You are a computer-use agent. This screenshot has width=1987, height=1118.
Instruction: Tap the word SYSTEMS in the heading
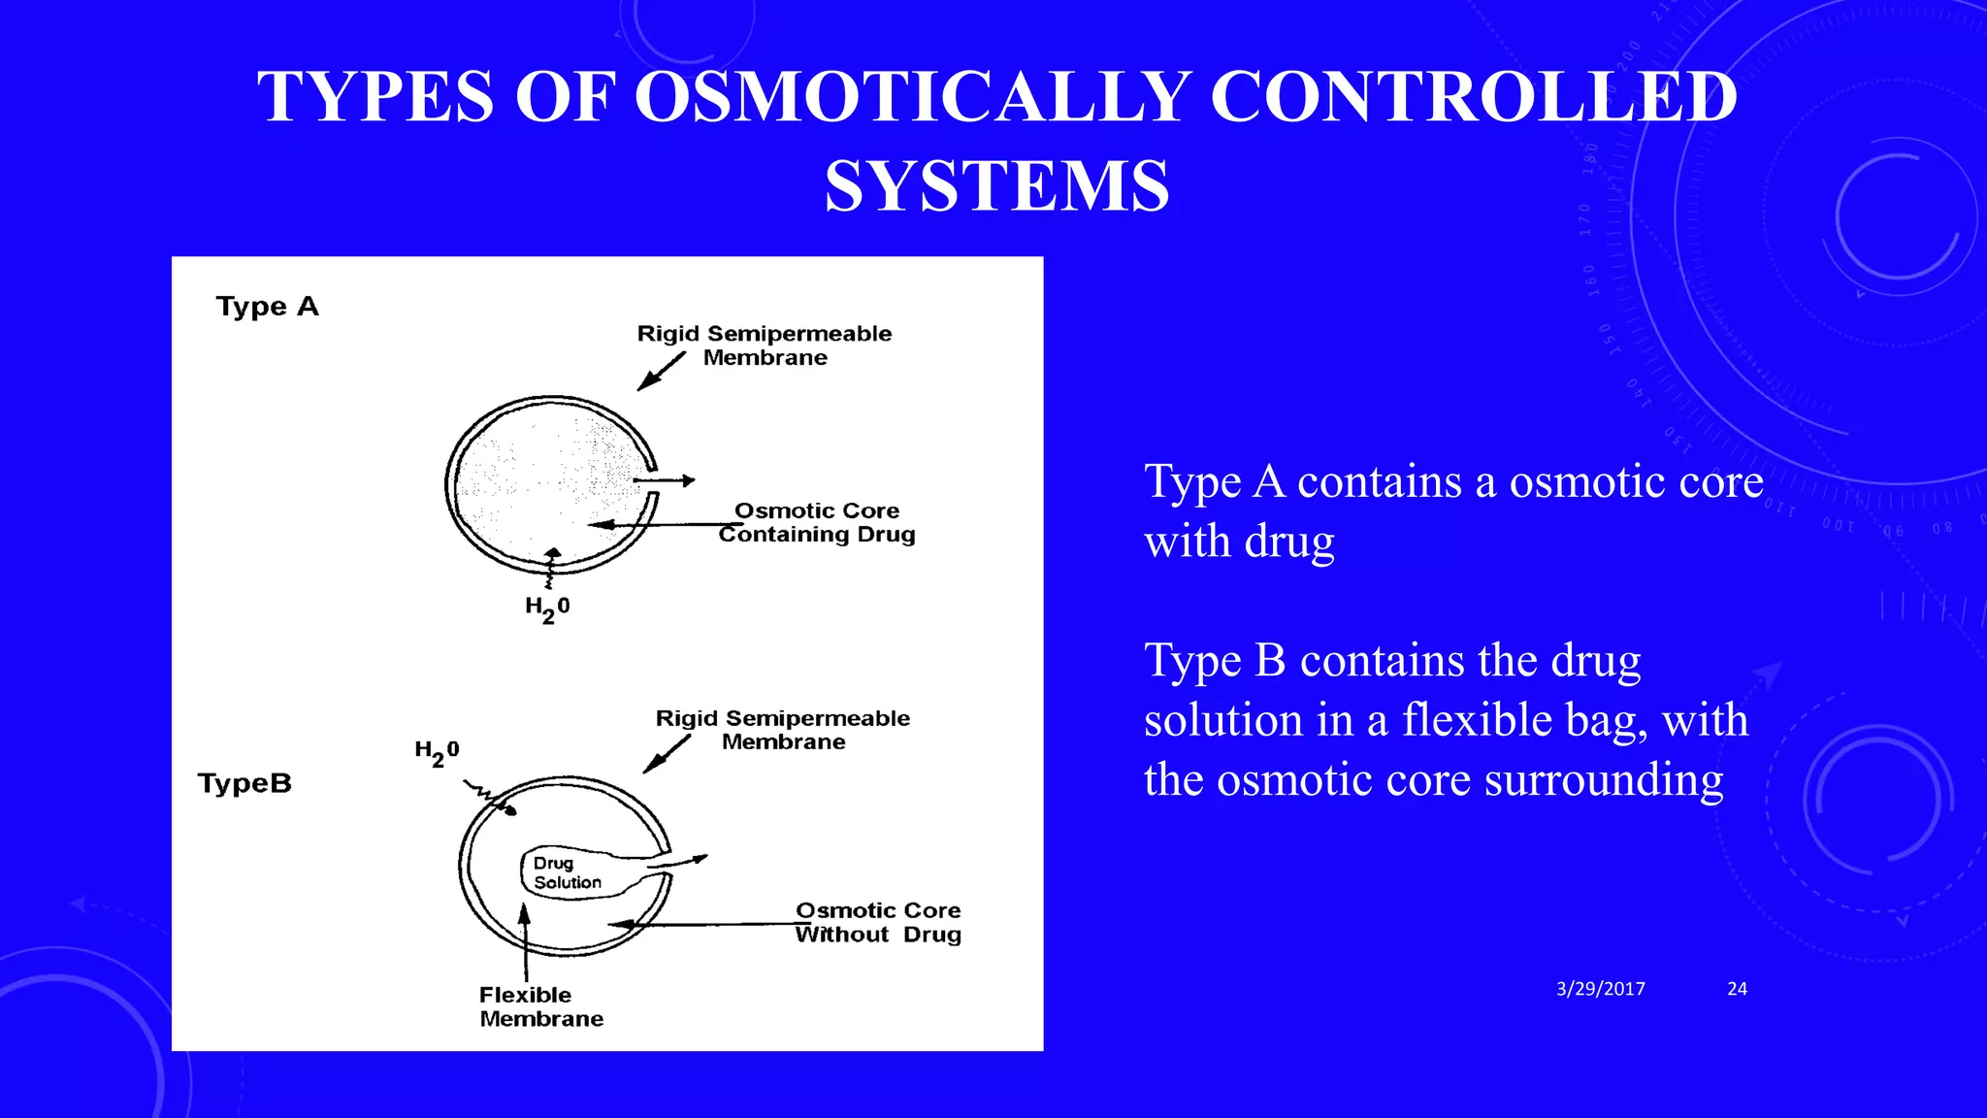(996, 186)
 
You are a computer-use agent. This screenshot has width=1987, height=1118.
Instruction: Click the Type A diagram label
(267, 307)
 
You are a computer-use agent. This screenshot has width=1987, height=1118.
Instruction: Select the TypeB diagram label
(244, 783)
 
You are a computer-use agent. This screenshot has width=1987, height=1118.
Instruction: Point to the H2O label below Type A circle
(547, 608)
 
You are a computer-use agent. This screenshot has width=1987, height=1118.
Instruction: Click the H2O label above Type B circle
(437, 752)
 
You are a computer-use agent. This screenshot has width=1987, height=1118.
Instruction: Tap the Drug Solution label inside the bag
(567, 872)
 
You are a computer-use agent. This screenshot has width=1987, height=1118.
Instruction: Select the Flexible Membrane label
(540, 1006)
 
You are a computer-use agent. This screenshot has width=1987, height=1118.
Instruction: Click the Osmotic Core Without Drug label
(878, 922)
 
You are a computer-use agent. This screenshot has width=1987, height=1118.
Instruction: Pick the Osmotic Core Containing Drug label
(817, 522)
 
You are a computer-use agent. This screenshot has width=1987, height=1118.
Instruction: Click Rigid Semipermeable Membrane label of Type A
(765, 345)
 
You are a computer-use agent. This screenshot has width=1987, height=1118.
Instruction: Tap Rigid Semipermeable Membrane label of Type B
(783, 730)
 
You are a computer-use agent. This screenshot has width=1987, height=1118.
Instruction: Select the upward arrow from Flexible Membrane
(525, 941)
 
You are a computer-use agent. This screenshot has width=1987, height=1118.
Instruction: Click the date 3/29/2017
(1600, 989)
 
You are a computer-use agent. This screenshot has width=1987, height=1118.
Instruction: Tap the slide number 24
(1737, 989)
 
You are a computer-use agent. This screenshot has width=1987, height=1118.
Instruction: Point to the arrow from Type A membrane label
(661, 372)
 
